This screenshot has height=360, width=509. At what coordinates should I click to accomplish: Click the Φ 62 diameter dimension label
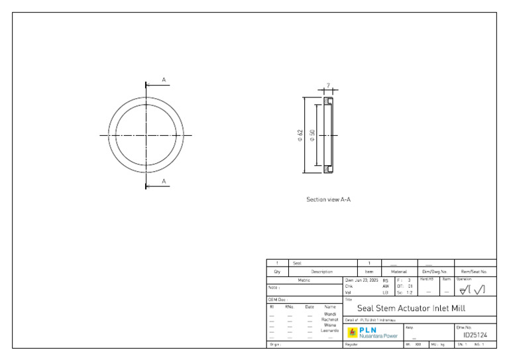click(x=300, y=135)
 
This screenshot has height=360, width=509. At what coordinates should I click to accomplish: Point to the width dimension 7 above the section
click(x=328, y=86)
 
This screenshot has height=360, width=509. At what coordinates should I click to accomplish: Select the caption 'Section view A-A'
click(x=328, y=199)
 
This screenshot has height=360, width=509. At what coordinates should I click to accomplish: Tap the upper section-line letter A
click(x=164, y=80)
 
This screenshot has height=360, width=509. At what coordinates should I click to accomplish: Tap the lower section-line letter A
click(x=164, y=181)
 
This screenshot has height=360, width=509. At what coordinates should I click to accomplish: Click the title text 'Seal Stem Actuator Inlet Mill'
click(x=411, y=308)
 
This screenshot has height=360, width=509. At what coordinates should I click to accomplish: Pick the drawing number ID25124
click(x=475, y=335)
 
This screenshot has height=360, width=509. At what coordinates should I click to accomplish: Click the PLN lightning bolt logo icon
click(x=353, y=332)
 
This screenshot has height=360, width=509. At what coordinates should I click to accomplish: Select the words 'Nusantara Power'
click(x=378, y=335)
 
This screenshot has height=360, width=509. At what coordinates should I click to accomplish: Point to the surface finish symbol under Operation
click(x=475, y=289)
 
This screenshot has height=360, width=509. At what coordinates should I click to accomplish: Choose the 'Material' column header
click(x=398, y=272)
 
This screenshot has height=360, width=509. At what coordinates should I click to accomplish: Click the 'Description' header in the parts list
click(x=322, y=272)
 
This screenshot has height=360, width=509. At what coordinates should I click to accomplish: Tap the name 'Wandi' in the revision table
click(x=329, y=314)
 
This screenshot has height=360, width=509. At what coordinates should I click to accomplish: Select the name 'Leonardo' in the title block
click(x=329, y=330)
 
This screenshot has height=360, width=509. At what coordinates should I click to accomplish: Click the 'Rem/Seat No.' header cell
click(x=475, y=272)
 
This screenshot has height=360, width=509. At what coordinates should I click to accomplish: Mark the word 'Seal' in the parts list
click(x=297, y=263)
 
